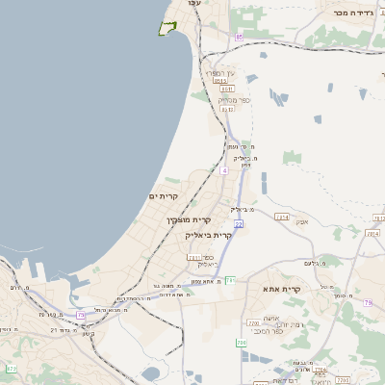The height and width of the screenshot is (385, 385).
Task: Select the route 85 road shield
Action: click(238, 38)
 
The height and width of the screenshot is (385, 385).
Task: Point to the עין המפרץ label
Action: click(219, 75)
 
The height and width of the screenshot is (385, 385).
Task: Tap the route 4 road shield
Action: click(223, 170)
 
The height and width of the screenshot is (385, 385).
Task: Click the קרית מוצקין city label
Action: click(181, 219)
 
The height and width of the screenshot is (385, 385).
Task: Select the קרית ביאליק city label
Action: click(209, 234)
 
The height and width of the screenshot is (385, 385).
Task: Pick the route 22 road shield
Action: click(238, 223)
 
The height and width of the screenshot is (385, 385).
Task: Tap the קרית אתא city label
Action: click(282, 288)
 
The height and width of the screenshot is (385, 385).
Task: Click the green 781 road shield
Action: click(230, 280)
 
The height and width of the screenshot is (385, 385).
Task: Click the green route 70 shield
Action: click(241, 342)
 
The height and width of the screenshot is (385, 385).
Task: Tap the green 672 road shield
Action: click(12, 369)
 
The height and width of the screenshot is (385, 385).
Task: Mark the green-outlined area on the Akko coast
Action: click(167, 28)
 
